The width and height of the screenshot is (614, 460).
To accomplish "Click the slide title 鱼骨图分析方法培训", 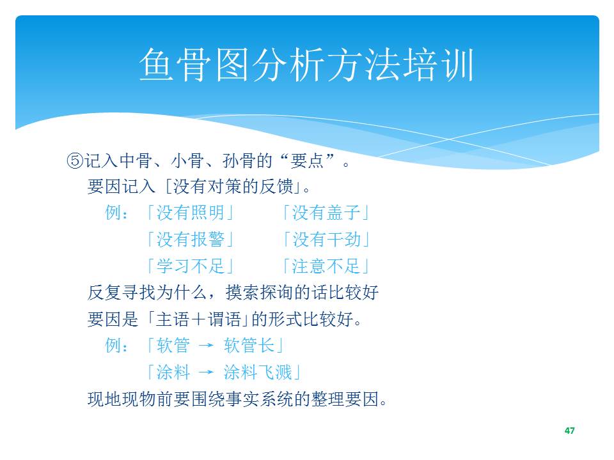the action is pos(306,65).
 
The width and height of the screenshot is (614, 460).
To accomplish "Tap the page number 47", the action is pos(569,431).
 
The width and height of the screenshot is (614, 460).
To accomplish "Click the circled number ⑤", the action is pos(75,161).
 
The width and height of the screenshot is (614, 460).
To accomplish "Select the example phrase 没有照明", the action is pos(191,213).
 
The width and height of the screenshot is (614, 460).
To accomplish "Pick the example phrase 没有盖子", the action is pos(326,213).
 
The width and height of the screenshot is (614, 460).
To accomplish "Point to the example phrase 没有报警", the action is pos(191,240).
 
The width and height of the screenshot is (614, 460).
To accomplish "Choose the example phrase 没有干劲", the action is pos(326,240).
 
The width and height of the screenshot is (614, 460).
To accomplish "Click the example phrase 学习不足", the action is pos(191,266).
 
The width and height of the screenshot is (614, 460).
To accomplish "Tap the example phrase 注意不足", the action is pos(326,266).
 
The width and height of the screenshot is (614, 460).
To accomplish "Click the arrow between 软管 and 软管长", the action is pos(207,346).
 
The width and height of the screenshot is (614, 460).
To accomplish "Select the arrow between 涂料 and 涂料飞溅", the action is pos(207,372).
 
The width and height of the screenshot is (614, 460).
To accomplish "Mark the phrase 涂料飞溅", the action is pos(258,372).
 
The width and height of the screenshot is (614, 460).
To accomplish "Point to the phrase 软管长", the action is pos(249,346).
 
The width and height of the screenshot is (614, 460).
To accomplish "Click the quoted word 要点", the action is pos(307,161).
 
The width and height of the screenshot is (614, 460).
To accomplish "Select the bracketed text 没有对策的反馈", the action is pos(233,186).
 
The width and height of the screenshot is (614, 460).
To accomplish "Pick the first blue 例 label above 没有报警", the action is pos(113,213).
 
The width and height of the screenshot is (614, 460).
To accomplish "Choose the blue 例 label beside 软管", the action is pos(113,346).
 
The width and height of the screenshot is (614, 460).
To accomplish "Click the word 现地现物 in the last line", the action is pos(122,399).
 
